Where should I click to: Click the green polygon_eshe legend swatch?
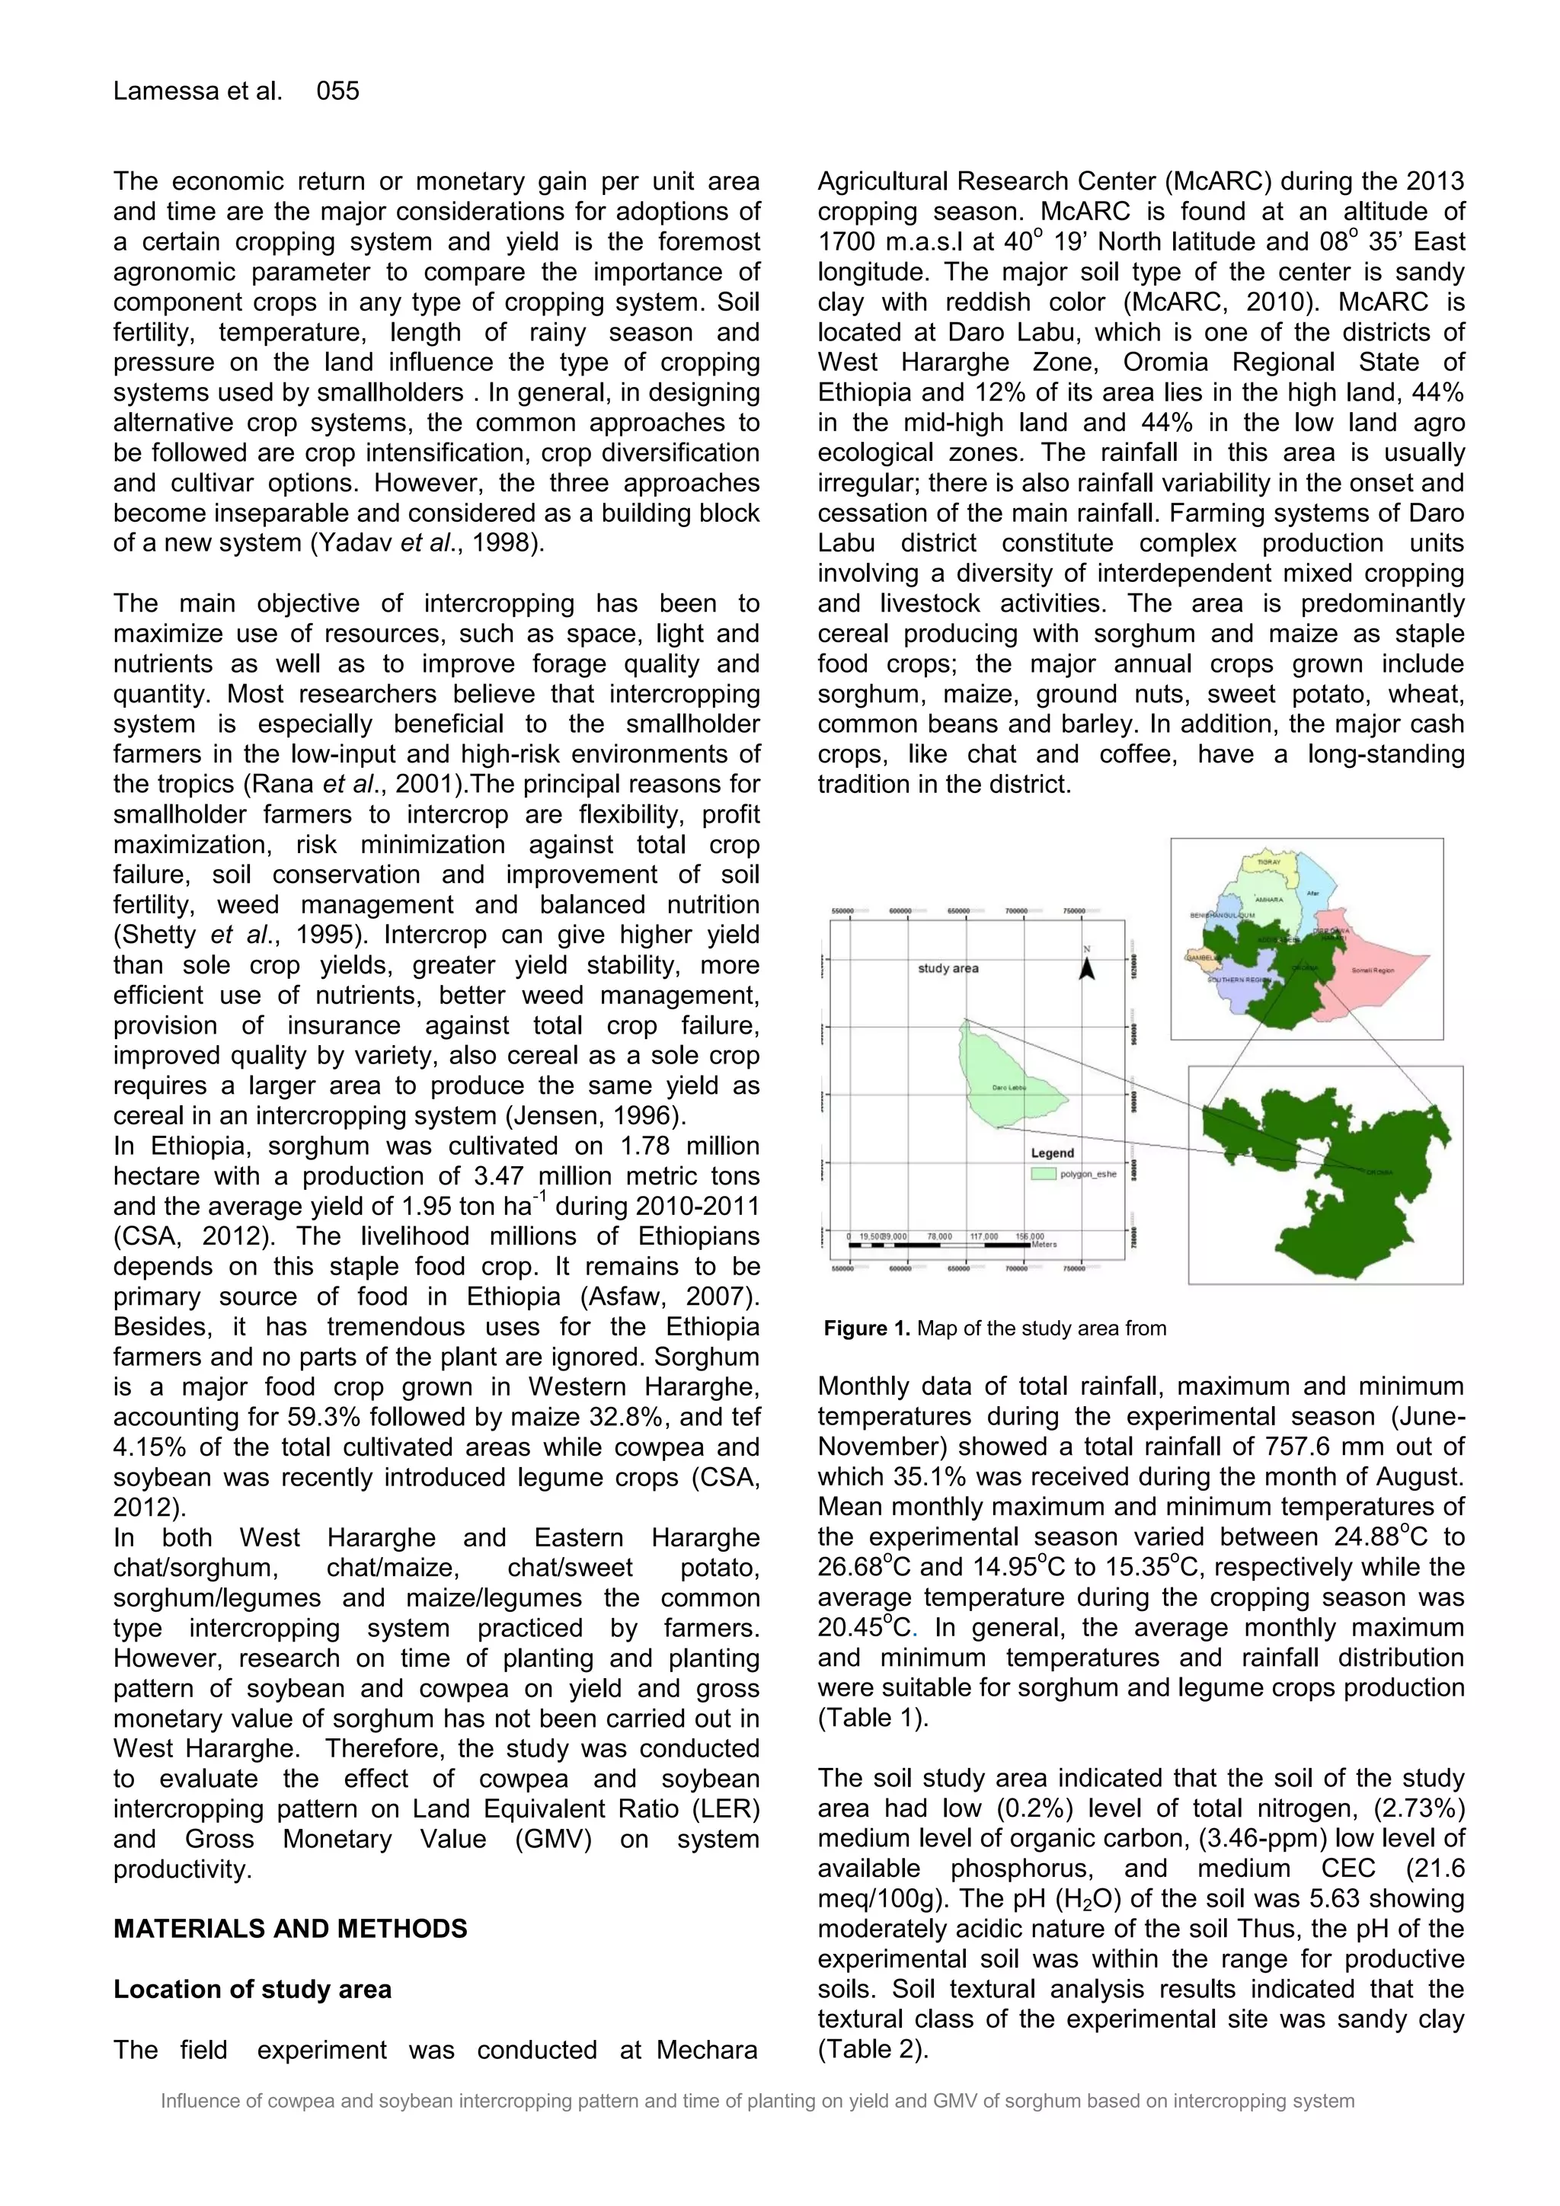(1044, 1174)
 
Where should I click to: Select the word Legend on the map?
(1053, 1153)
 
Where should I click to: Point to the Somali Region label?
(1372, 971)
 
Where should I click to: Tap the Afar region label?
(1313, 894)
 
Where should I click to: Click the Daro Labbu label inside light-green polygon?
(1009, 1089)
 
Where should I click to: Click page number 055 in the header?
(337, 91)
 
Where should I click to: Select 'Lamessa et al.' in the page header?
(198, 91)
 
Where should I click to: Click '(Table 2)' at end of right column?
(872, 2049)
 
